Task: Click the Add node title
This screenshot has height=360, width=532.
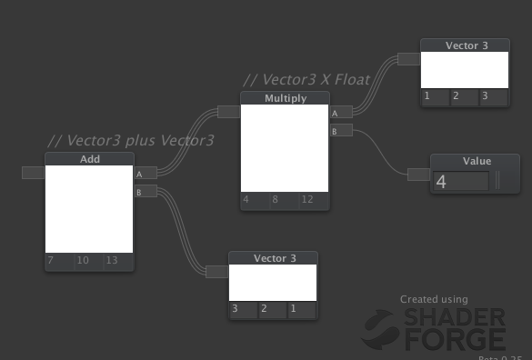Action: tap(89, 159)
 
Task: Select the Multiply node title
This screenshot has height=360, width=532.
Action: tap(285, 98)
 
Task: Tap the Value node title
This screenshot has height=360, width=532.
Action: tap(477, 161)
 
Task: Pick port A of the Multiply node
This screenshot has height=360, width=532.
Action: tap(341, 113)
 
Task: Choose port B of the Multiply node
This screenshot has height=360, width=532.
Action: tap(341, 132)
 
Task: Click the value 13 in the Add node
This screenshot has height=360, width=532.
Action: tap(110, 262)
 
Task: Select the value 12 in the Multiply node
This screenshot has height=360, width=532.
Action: tap(307, 200)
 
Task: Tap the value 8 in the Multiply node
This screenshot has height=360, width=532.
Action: tap(275, 200)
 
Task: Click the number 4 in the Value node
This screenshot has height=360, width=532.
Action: tap(442, 182)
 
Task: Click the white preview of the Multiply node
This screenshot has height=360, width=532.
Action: tap(284, 147)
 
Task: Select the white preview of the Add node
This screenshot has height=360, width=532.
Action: tap(89, 209)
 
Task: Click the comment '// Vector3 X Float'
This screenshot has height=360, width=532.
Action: tap(306, 80)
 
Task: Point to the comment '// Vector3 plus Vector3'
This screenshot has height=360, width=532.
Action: tap(130, 141)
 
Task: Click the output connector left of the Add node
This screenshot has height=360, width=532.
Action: tap(33, 173)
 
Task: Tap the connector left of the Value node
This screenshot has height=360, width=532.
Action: tap(418, 174)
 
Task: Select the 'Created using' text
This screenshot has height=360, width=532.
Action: tap(434, 299)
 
